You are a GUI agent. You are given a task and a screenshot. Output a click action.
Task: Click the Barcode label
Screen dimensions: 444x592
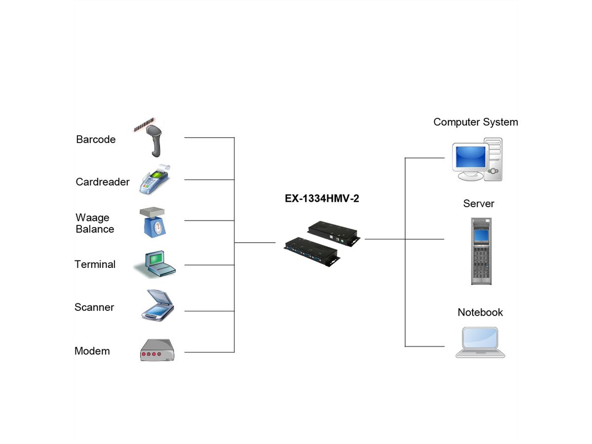click(x=96, y=139)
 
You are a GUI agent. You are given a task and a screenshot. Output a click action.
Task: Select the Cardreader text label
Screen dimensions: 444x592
click(x=103, y=182)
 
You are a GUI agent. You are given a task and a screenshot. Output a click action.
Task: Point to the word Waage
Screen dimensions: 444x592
click(x=93, y=218)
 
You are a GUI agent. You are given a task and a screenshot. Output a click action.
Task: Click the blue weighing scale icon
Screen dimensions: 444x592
click(x=154, y=222)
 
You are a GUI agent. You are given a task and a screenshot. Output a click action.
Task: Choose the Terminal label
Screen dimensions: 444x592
click(x=95, y=264)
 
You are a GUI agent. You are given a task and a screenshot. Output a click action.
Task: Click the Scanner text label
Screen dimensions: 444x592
click(x=94, y=307)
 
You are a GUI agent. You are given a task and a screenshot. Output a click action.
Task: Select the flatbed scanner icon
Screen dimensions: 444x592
click(x=157, y=306)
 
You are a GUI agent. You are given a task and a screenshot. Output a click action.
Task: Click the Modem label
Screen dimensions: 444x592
click(x=92, y=351)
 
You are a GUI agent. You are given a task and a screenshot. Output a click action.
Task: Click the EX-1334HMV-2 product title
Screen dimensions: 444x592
click(x=322, y=198)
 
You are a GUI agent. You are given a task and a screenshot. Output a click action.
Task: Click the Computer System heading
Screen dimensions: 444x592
click(x=476, y=122)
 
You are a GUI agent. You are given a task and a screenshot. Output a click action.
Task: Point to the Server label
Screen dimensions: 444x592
click(x=479, y=203)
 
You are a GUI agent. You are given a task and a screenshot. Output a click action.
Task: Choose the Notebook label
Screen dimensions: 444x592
click(x=480, y=312)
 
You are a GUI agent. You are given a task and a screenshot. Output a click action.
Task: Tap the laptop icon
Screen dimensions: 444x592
click(x=480, y=341)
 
